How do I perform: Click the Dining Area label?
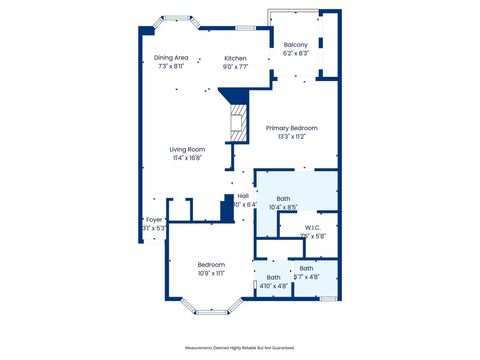[x=171, y=58]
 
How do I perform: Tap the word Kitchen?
[x=235, y=58]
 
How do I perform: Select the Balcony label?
[x=296, y=45]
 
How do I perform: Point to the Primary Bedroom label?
[x=291, y=128]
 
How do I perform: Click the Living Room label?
[x=187, y=149]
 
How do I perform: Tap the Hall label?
[x=243, y=196]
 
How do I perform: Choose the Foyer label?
[x=154, y=219]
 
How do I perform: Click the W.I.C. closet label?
[x=313, y=227]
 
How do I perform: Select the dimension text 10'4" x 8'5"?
[x=283, y=207]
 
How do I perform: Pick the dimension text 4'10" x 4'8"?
[x=274, y=286]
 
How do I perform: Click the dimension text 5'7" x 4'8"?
[x=306, y=277]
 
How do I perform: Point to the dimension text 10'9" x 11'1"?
[x=211, y=273]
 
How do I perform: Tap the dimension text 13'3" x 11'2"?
[x=291, y=137]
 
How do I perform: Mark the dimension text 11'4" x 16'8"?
[x=187, y=158]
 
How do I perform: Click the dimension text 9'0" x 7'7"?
[x=235, y=67]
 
